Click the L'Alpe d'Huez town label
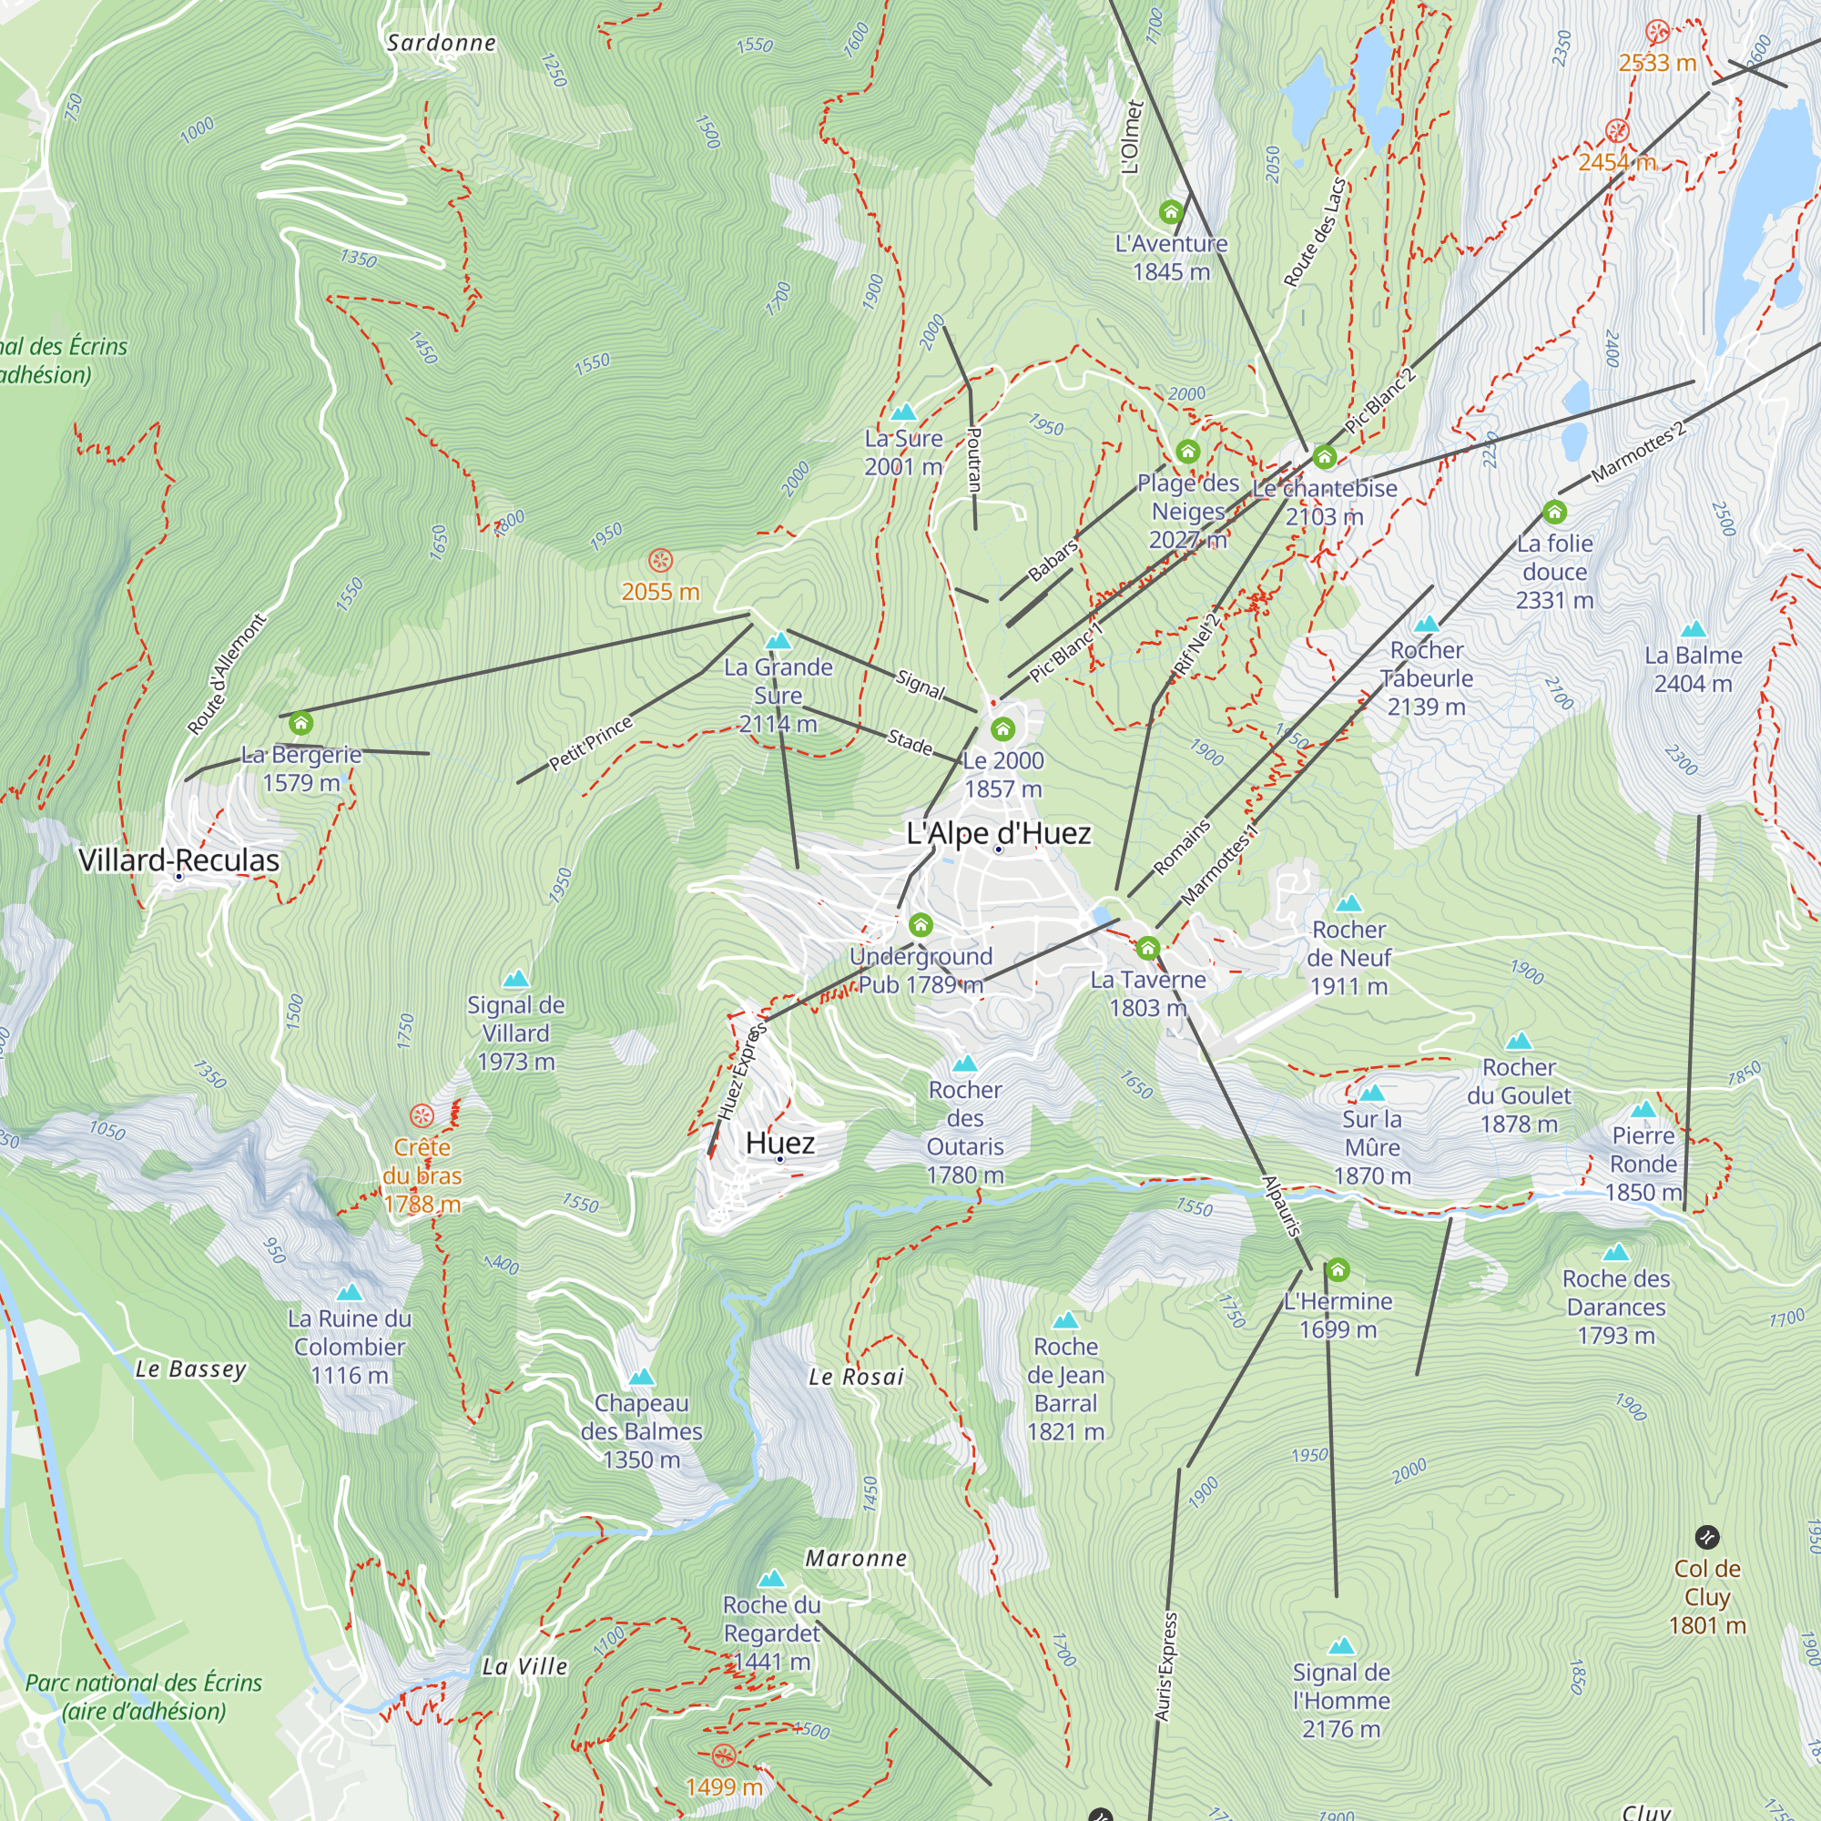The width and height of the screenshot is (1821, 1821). point(998,833)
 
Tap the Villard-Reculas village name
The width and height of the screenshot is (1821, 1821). point(178,860)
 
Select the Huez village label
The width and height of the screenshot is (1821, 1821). point(779,1144)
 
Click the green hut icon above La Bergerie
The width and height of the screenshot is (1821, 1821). point(300,723)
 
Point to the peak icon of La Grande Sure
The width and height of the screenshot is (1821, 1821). point(778,642)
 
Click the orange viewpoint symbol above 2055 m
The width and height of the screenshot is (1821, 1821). point(661,561)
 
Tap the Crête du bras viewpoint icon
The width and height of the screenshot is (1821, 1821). point(422,1116)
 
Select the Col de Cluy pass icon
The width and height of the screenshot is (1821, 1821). point(1707,1538)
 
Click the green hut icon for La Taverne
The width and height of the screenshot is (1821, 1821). point(1147,947)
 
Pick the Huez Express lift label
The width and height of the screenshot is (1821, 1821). point(742,1073)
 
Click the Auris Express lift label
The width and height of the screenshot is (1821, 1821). point(1166,1666)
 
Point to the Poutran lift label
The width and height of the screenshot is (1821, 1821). point(974,459)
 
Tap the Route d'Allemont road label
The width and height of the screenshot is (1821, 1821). point(227,674)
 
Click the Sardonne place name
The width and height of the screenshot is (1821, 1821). point(441,43)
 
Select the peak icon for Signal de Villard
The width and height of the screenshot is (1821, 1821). point(515,980)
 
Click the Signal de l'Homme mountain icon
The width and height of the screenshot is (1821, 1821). point(1340,1646)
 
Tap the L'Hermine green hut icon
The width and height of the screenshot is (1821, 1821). point(1338,1269)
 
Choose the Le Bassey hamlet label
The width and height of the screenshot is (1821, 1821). point(190,1368)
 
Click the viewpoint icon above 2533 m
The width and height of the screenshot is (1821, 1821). point(1657,31)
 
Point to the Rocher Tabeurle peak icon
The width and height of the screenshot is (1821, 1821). point(1426,624)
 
